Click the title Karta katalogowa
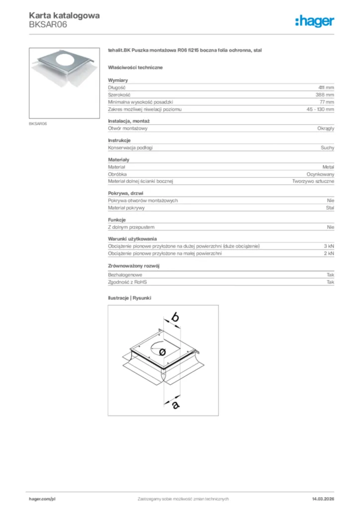(64, 15)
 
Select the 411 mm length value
(326, 87)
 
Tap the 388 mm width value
(325, 94)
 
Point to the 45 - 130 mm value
(320, 109)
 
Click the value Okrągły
(326, 128)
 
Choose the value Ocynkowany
(320, 174)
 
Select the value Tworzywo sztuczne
(313, 181)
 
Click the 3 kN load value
(329, 247)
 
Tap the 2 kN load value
(329, 254)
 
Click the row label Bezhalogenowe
(125, 275)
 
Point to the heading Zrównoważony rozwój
(133, 265)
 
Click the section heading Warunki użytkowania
(132, 239)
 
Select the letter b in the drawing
(175, 316)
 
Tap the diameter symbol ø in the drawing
(163, 351)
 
